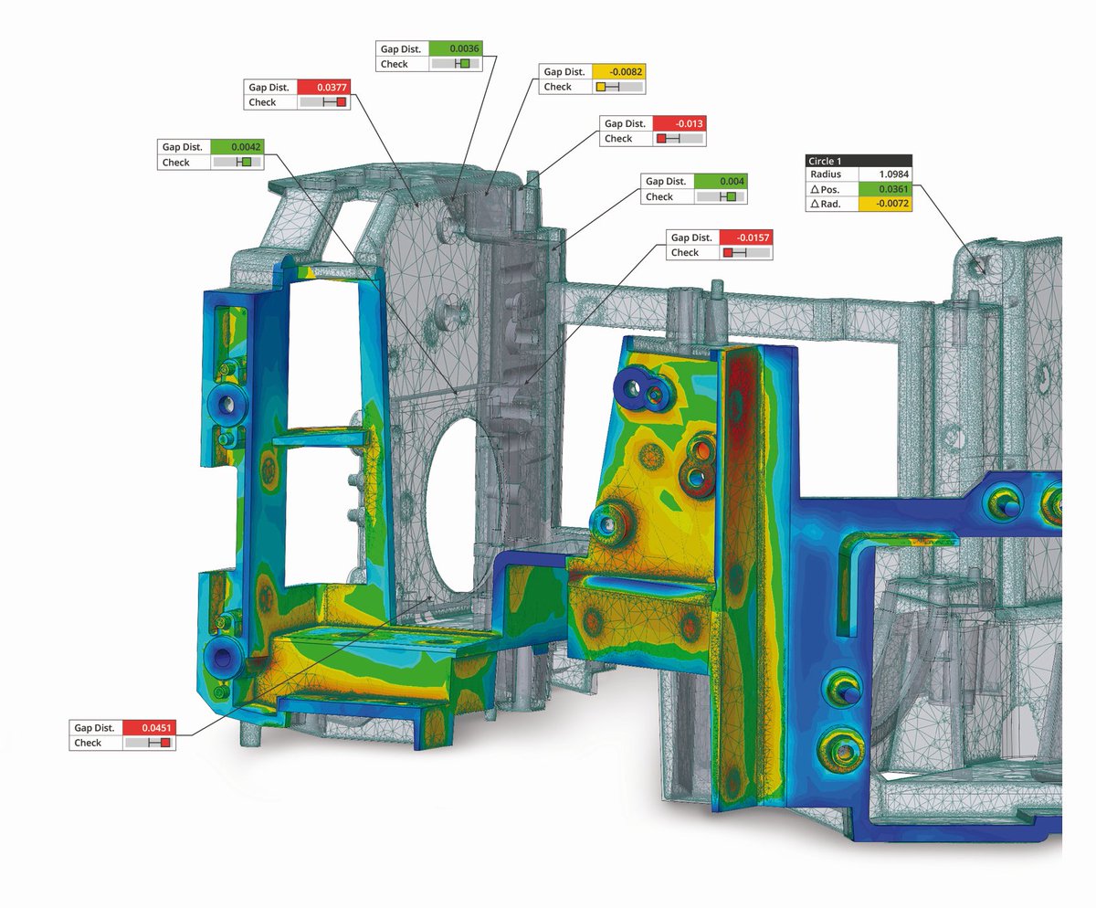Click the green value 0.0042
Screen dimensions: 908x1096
coord(237,146)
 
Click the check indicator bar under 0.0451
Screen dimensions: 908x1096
coord(148,743)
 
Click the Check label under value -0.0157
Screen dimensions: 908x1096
coord(685,252)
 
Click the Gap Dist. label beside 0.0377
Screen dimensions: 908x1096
coord(269,87)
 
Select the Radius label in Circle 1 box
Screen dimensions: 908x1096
coord(824,174)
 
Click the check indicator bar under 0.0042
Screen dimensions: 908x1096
coord(237,162)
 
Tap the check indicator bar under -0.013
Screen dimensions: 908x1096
coord(680,139)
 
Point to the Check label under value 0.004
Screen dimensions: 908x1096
coord(659,196)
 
